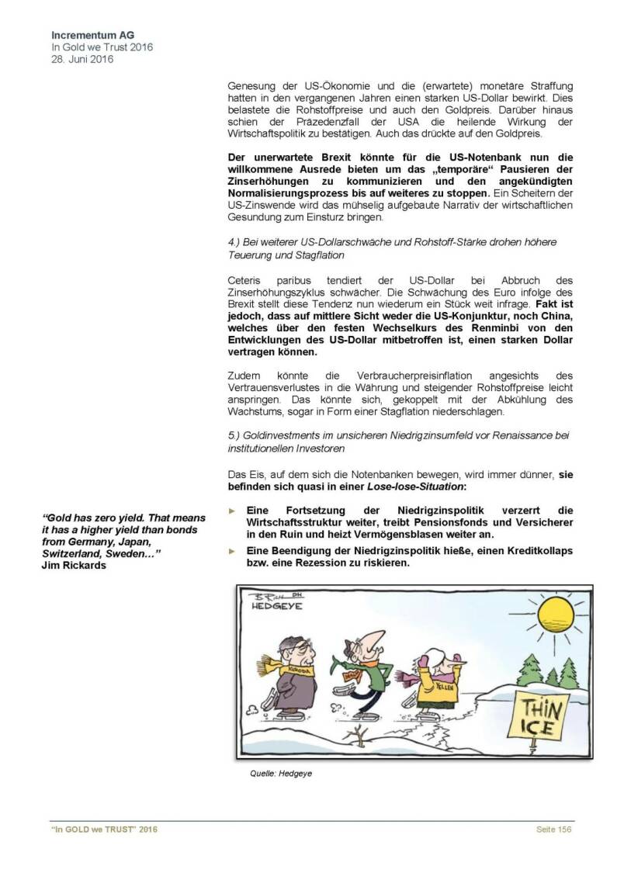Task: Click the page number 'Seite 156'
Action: click(553, 830)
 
